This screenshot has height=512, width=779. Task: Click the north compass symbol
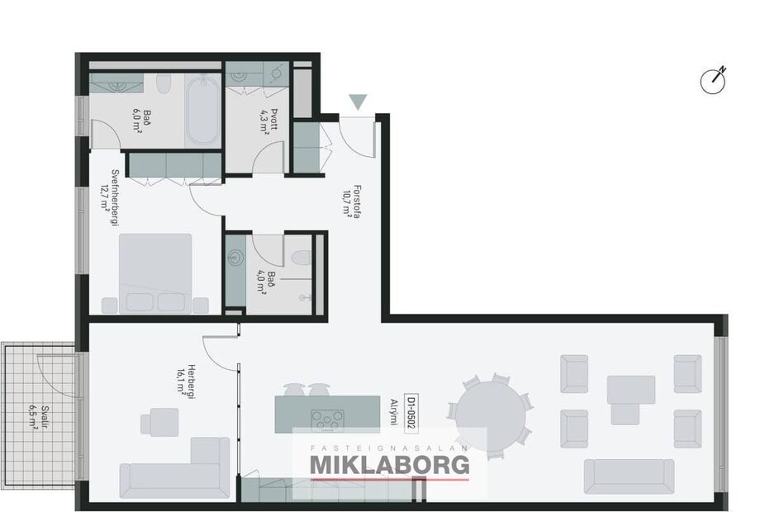pos(712,80)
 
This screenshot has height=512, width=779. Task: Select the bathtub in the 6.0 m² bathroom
pos(200,110)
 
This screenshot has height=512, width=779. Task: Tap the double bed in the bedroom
pos(157,273)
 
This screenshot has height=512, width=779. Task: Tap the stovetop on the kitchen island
pos(327,417)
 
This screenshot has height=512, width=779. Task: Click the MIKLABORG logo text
pos(389,465)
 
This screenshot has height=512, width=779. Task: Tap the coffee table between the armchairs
pos(631,389)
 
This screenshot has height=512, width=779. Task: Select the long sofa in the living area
pos(629,477)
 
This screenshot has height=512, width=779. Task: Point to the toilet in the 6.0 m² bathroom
pos(163,86)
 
